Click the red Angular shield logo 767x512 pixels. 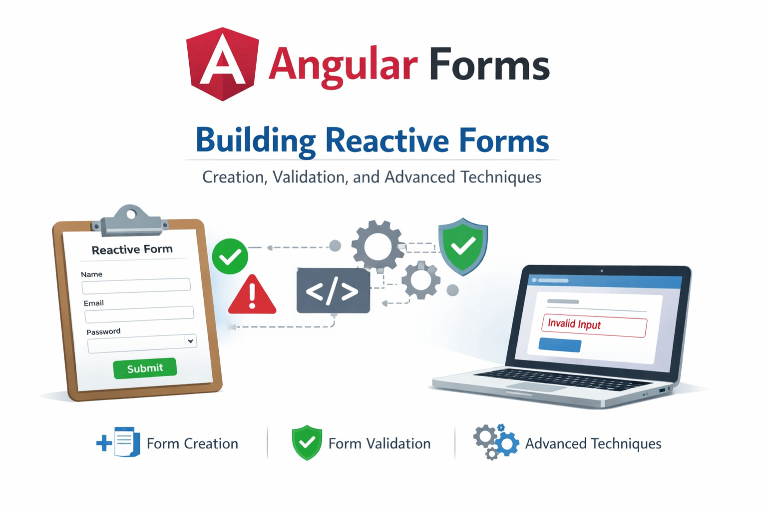pos(223,63)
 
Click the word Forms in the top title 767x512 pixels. pos(489,65)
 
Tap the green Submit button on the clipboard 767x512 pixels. pos(145,368)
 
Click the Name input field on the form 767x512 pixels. pos(136,285)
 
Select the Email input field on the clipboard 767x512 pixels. pos(139,314)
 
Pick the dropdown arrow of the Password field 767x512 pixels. pos(190,341)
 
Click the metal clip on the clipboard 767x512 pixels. pos(131,221)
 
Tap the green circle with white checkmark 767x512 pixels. pos(230,256)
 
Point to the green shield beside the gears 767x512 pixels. pos(463,246)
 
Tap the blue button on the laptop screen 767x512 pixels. pos(560,345)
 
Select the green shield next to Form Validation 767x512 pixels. pos(307,442)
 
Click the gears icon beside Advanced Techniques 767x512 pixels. pos(495,442)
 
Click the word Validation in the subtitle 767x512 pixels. pos(310,177)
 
